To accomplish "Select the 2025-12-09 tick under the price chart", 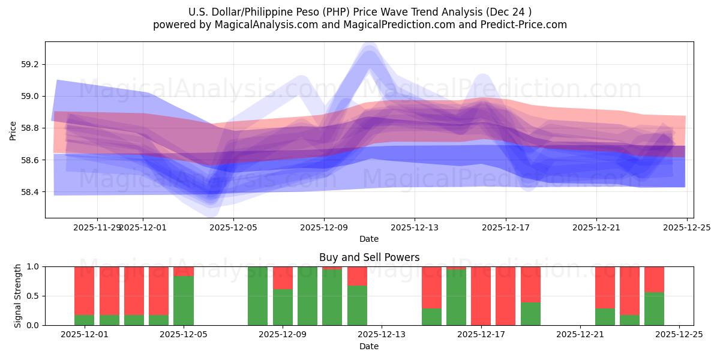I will point(324,227).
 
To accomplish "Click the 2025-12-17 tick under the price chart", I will point(505,227).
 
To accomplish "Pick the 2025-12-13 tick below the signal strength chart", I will point(382,334).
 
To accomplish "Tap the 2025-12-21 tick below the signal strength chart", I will point(580,334).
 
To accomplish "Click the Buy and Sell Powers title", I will point(369,257).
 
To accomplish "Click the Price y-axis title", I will point(13,130).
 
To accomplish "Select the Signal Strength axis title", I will point(18,295).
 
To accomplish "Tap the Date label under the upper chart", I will point(369,239).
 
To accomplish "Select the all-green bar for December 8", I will point(257,296).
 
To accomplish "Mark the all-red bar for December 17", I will point(481,296).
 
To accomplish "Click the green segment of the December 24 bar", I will point(654,309).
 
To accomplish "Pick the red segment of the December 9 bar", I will point(283,277).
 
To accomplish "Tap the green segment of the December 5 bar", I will point(183,301).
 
